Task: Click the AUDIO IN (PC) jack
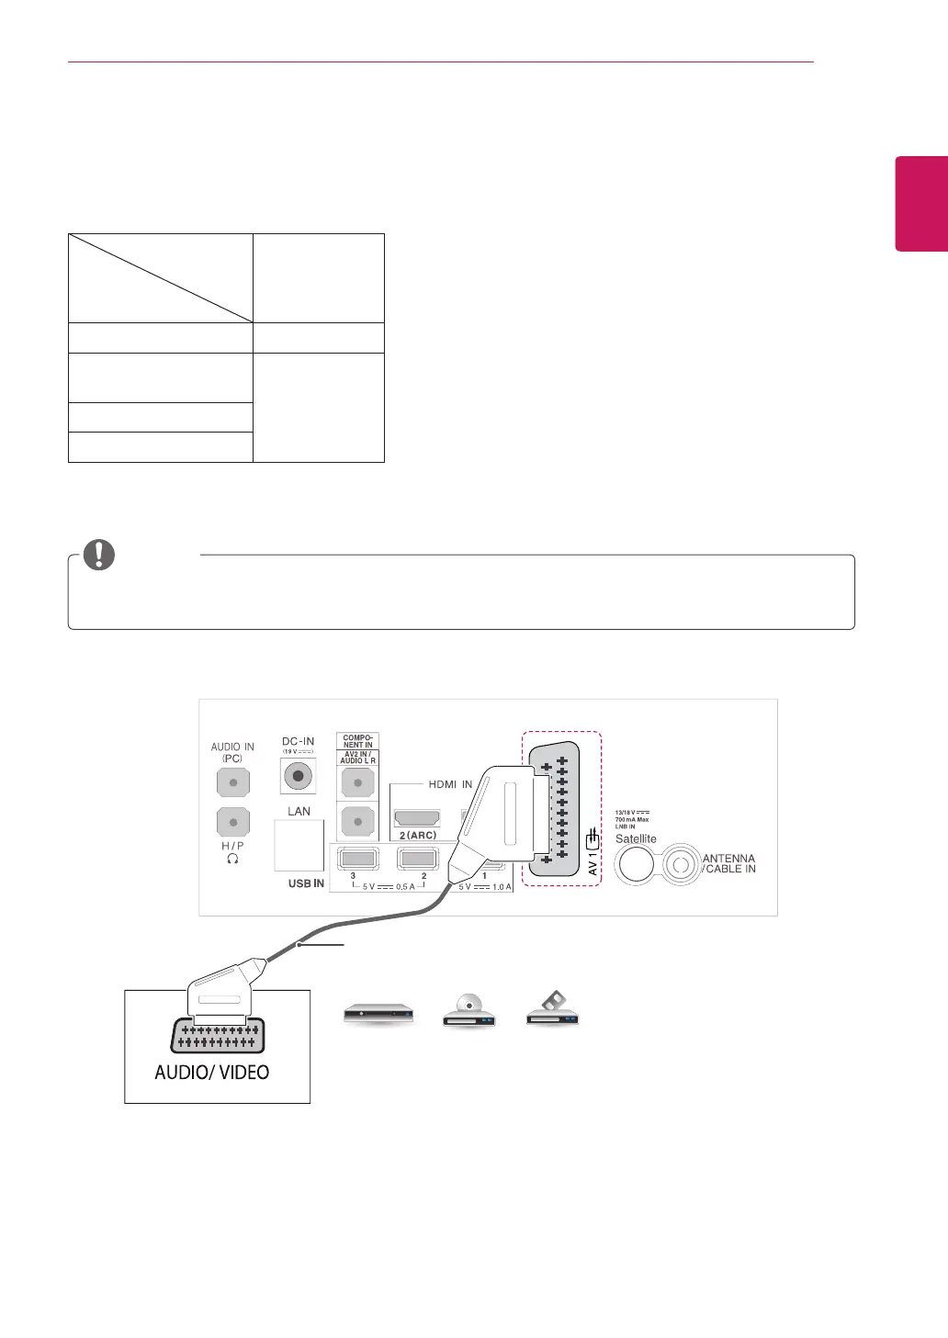[233, 782]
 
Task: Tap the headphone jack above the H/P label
[233, 822]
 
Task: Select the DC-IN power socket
[298, 776]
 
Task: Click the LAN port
[299, 845]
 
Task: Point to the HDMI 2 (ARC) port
[416, 817]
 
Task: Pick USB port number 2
[418, 858]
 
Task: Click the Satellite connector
[635, 864]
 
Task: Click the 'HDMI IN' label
[450, 784]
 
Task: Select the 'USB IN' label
[306, 883]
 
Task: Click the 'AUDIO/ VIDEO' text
[212, 1072]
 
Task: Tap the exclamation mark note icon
[99, 555]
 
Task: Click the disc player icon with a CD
[468, 1013]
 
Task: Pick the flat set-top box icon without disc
[378, 1015]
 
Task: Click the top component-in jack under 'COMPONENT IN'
[357, 782]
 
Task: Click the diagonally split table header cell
[161, 277]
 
